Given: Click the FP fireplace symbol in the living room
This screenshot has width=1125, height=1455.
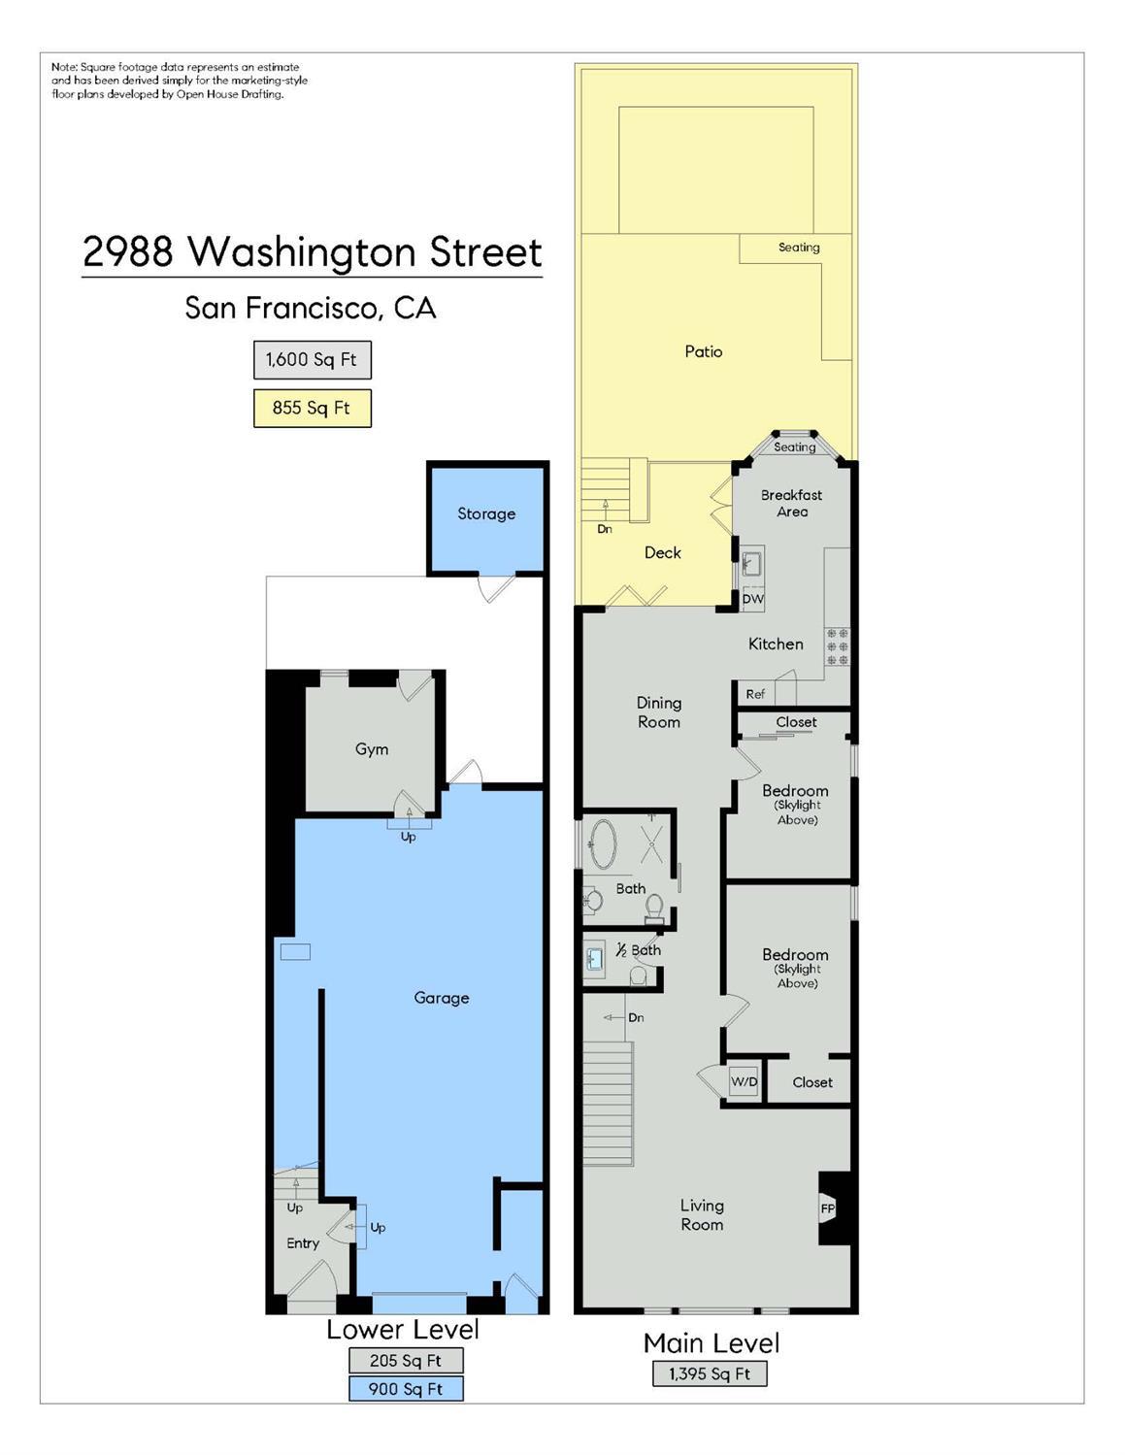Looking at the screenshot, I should (x=828, y=1208).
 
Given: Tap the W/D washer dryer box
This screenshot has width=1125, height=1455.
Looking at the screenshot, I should (x=744, y=1081).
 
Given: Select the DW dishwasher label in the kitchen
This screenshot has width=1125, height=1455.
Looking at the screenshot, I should (x=752, y=599).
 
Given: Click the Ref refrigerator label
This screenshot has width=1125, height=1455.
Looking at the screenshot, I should (x=755, y=694).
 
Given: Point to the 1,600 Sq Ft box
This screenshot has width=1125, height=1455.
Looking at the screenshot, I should (x=312, y=359).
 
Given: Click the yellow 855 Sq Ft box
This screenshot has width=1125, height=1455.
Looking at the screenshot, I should (x=312, y=408).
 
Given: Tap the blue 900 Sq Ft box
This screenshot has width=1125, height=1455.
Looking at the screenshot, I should (x=406, y=1389).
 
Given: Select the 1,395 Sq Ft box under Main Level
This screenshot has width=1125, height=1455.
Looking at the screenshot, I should (x=710, y=1373).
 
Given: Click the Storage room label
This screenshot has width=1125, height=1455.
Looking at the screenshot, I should (x=486, y=514).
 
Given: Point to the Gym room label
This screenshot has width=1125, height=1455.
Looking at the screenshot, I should (x=372, y=749).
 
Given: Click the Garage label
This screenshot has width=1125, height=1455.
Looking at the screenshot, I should (x=442, y=998).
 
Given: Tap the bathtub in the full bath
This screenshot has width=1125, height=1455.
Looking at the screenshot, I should (x=604, y=844).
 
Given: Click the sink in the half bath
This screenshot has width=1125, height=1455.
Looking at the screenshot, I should (x=594, y=960).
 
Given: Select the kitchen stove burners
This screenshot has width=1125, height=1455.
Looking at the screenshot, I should (x=837, y=646).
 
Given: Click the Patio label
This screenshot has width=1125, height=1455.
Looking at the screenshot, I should (x=704, y=351).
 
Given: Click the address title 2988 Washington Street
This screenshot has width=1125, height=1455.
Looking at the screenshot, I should (x=312, y=251).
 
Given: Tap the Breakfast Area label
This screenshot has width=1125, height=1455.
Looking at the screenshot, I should (x=791, y=503).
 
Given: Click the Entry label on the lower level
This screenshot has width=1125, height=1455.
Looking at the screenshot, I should (x=303, y=1243).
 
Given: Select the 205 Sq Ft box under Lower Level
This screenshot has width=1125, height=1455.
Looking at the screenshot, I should (x=406, y=1360).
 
